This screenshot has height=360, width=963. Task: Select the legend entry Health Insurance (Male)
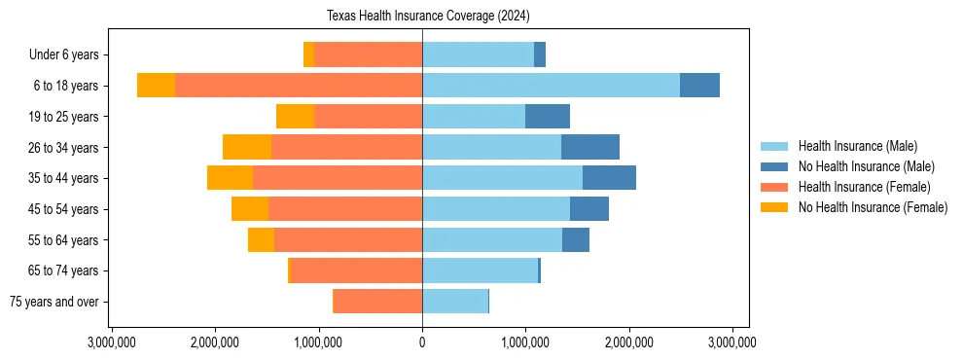point(857,146)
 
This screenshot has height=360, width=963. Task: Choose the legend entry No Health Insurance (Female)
point(873,207)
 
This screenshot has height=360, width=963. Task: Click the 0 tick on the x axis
point(422,342)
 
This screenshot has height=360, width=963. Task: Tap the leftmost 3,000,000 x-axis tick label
point(113,342)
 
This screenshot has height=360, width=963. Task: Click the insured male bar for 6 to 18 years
point(551,86)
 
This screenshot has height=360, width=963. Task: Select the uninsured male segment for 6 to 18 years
point(699,86)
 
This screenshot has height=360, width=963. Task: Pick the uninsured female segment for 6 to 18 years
point(156,86)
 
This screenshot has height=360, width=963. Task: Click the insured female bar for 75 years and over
point(377,302)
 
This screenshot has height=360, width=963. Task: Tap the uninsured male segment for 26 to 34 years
point(590,147)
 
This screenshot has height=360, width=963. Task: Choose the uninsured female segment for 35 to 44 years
point(230,178)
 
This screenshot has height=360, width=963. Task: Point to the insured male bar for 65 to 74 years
point(480,270)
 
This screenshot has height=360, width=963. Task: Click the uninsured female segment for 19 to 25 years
point(295,117)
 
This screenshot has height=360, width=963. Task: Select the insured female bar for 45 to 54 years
point(345,209)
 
